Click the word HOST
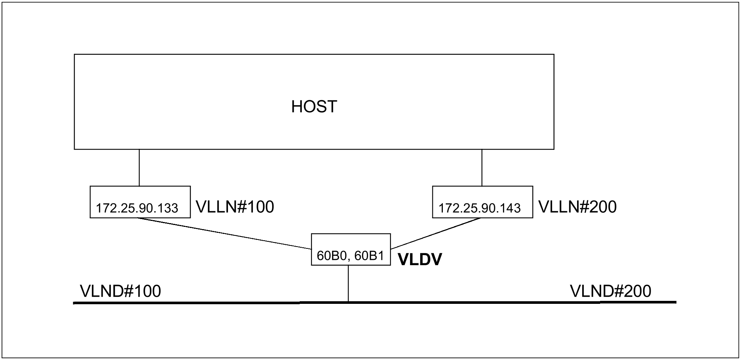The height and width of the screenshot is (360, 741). click(314, 107)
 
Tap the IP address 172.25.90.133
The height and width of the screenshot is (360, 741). click(137, 208)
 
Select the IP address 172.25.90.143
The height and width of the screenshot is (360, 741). click(479, 208)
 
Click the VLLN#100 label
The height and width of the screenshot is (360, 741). click(235, 207)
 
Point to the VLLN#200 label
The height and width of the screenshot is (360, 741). click(577, 207)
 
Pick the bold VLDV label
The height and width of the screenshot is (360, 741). click(420, 260)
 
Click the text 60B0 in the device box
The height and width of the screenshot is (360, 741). click(332, 256)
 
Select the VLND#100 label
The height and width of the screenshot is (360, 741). click(120, 291)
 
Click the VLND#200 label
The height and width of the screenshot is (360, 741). click(610, 291)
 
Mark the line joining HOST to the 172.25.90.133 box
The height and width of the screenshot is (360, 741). click(139, 167)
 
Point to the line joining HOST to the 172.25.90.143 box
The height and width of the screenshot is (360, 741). click(482, 167)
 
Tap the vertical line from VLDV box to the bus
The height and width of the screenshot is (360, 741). click(348, 283)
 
